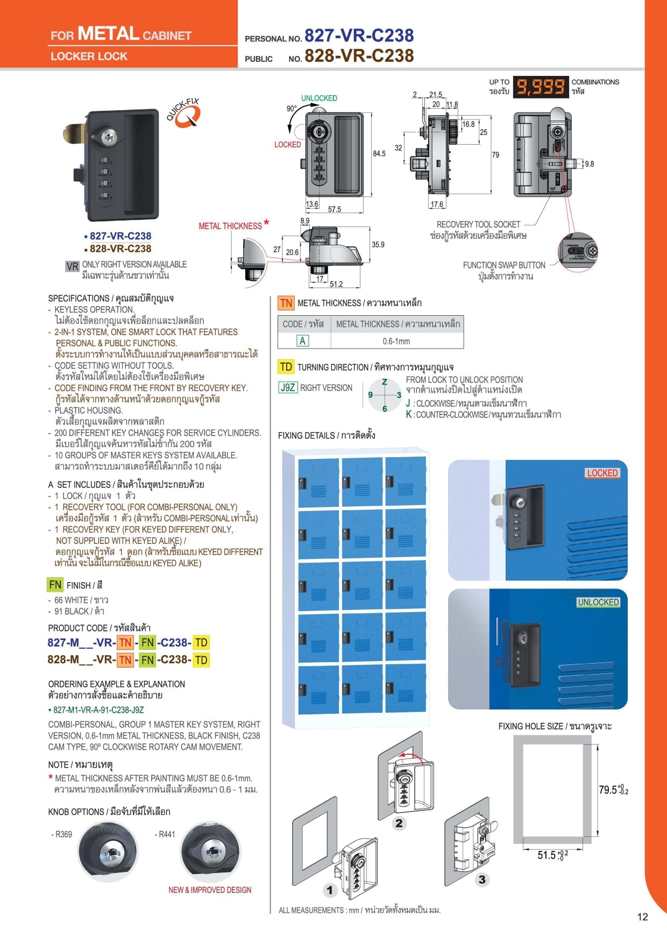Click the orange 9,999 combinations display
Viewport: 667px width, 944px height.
pyautogui.click(x=540, y=87)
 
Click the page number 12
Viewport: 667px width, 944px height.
pyautogui.click(x=642, y=917)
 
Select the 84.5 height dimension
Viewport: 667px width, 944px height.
pyautogui.click(x=379, y=154)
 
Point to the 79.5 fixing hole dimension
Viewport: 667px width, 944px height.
pyautogui.click(x=613, y=790)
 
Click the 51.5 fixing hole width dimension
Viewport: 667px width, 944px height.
pyautogui.click(x=552, y=855)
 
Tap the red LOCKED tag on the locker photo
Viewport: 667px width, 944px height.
pyautogui.click(x=602, y=473)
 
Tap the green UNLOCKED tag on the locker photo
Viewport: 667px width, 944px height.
pyautogui.click(x=598, y=602)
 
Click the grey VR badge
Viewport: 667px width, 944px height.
pyautogui.click(x=72, y=266)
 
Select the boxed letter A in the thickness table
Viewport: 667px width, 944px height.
pyautogui.click(x=302, y=340)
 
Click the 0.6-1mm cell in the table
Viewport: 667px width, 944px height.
pyautogui.click(x=396, y=341)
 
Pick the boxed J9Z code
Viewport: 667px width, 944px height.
pyautogui.click(x=288, y=387)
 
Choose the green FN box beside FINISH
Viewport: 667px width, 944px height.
pyautogui.click(x=55, y=585)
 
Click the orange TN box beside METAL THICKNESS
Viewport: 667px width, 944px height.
pyautogui.click(x=286, y=303)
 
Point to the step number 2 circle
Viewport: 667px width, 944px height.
pyautogui.click(x=399, y=823)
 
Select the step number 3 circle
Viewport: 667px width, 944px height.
pyautogui.click(x=482, y=879)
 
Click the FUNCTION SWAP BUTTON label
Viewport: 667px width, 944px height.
pyautogui.click(x=504, y=265)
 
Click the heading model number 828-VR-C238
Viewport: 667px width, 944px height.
pyautogui.click(x=359, y=55)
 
